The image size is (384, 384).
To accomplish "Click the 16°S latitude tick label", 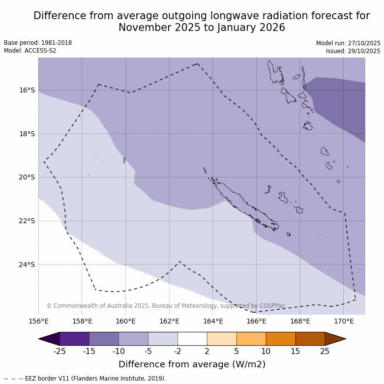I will [27, 90].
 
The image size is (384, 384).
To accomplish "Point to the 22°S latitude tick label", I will [27, 221].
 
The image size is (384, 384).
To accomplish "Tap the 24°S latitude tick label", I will [27, 265].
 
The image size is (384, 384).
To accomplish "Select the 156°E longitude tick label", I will [38, 322].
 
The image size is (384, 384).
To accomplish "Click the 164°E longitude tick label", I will [213, 322].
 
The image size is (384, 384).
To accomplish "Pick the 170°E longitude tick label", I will [344, 322].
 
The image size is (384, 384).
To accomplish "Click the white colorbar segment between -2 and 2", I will [192, 339].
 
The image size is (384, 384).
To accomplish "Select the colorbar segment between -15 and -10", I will [104, 339].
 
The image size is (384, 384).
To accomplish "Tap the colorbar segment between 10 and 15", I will [281, 339].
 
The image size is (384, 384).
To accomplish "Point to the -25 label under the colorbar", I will [59, 351].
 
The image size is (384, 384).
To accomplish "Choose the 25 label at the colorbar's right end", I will [325, 351].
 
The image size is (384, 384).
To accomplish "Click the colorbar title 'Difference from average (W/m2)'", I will [192, 364].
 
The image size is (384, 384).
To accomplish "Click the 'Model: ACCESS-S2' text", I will [30, 51].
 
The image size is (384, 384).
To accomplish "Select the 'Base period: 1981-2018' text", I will [38, 43].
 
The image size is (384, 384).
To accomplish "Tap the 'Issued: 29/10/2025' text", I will [353, 51].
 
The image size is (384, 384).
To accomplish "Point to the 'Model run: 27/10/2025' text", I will [348, 43].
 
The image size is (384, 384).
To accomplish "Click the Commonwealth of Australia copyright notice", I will [166, 306].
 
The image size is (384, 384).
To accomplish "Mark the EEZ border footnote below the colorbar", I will [85, 379].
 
